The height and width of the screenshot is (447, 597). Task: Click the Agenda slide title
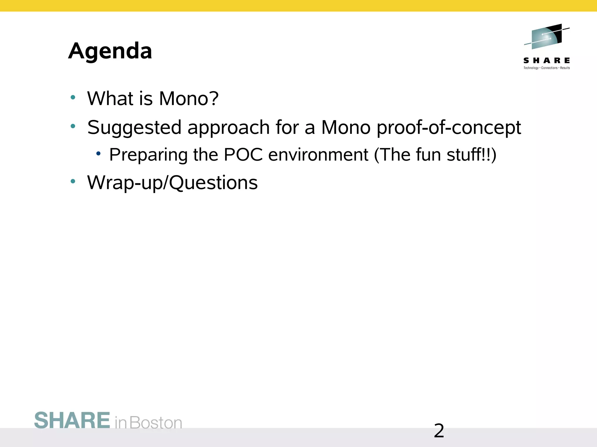[110, 51]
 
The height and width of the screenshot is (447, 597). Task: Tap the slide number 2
[439, 431]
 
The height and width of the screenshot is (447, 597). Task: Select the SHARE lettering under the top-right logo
[547, 61]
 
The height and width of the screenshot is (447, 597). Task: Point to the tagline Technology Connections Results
[547, 68]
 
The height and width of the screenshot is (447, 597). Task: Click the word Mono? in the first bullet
[189, 98]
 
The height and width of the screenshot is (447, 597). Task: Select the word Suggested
[134, 128]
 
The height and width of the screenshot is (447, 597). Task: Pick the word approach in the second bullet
[229, 128]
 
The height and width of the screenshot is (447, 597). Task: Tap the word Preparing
[148, 155]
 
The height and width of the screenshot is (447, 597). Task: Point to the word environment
[318, 155]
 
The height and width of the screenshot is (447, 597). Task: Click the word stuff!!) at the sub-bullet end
[471, 155]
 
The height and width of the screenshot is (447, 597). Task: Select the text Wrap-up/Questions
[172, 183]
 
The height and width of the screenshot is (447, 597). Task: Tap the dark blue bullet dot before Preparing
[98, 153]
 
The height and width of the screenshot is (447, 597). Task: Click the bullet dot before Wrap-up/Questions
[73, 181]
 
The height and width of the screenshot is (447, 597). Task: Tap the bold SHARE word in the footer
[72, 421]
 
